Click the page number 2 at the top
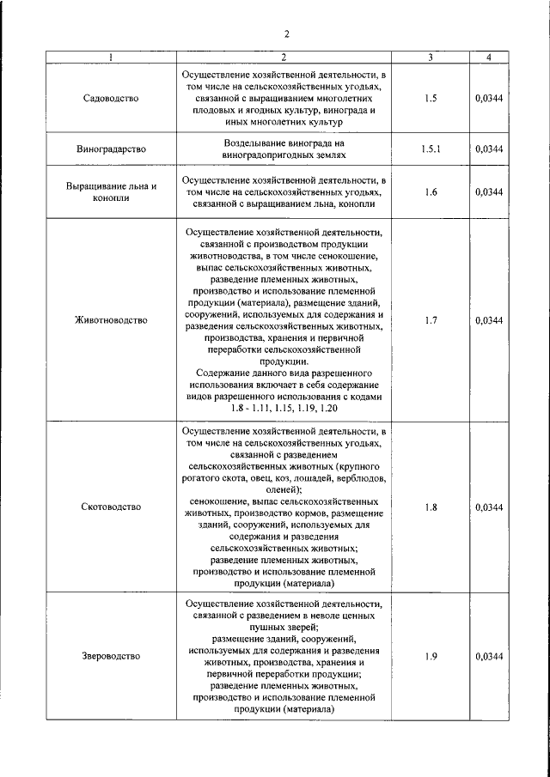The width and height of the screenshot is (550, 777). click(x=287, y=34)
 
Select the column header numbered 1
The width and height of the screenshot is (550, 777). click(x=110, y=58)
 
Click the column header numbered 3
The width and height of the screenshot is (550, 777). click(x=431, y=58)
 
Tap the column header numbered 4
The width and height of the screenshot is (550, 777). click(x=488, y=58)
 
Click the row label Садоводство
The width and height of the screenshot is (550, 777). click(x=110, y=99)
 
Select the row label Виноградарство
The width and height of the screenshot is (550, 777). click(x=110, y=149)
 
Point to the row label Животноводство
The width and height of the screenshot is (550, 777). click(x=110, y=320)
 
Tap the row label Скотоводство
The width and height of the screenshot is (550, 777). click(x=110, y=507)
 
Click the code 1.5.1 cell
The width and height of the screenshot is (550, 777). click(x=431, y=149)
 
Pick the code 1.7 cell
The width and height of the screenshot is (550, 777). click(x=431, y=320)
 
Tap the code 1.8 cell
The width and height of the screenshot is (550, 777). click(x=431, y=507)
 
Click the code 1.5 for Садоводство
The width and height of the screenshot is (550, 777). click(x=431, y=99)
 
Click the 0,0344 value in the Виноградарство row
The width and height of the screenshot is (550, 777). click(x=488, y=149)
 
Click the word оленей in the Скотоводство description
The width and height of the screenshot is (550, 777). click(x=284, y=488)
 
